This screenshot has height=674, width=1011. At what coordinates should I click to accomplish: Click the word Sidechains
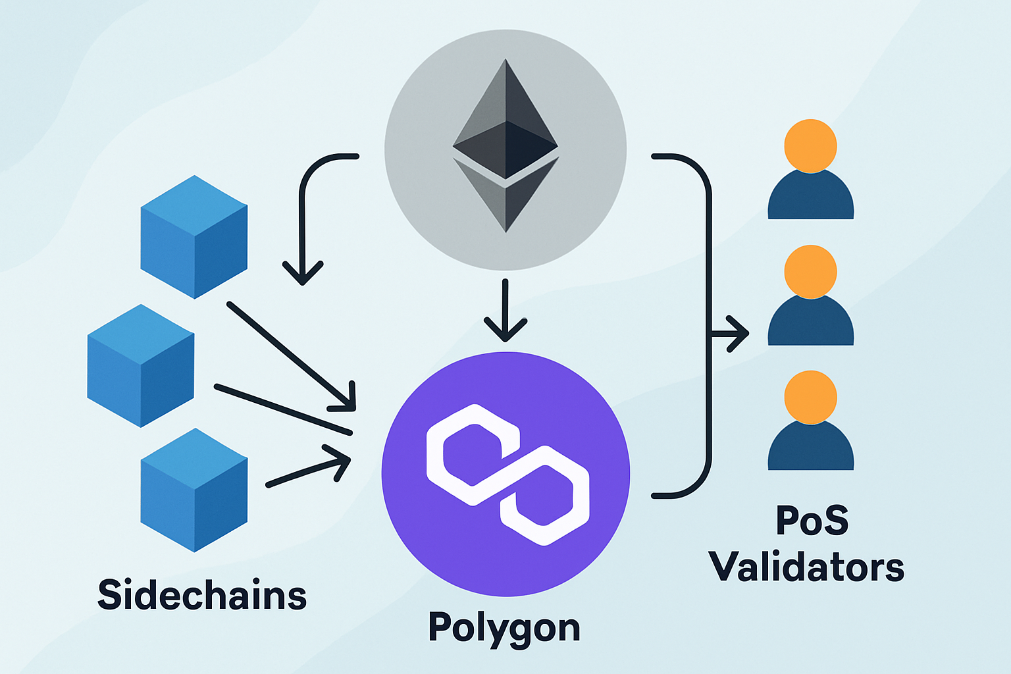coord(202,595)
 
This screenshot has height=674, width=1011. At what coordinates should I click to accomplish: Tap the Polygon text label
coord(504,628)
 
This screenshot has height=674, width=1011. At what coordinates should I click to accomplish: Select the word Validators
coord(806,567)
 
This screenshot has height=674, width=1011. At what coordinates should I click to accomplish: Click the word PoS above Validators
coord(812,520)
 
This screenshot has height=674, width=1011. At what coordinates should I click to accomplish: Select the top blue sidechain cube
coord(194,237)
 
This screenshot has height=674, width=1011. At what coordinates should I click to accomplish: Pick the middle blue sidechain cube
coord(141,366)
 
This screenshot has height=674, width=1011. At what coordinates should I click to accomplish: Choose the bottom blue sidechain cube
coord(194,490)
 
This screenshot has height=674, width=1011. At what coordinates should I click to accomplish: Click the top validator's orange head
coord(811,145)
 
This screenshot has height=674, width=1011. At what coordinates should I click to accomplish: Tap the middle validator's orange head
coord(811,271)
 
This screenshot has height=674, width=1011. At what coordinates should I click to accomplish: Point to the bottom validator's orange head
coord(811,397)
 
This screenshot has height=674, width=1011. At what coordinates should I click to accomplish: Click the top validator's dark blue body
coord(811,197)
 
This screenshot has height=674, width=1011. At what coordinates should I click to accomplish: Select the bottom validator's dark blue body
coord(811,449)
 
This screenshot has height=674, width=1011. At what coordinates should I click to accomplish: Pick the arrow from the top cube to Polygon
coord(290,353)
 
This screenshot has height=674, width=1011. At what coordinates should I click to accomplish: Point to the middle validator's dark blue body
coord(811,323)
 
